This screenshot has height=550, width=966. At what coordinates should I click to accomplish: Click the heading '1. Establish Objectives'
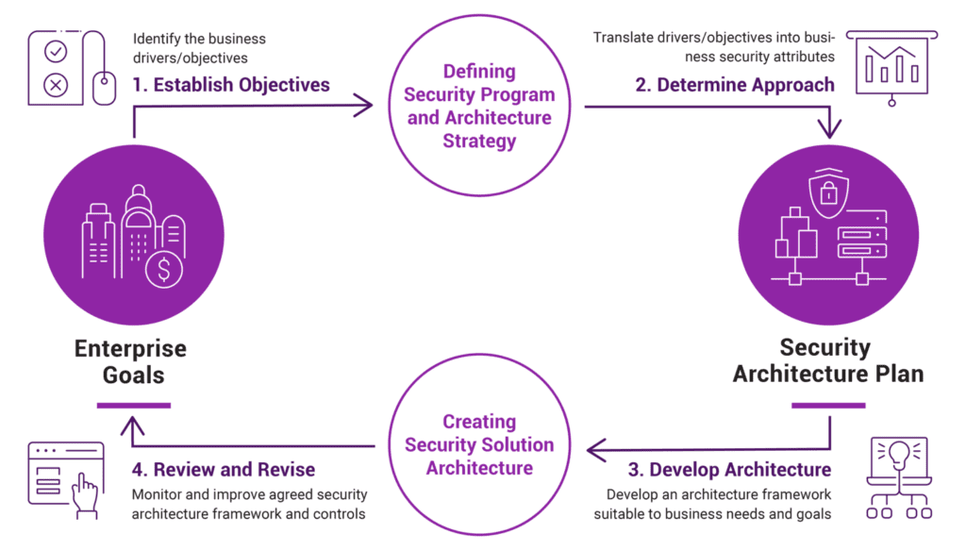tap(231, 86)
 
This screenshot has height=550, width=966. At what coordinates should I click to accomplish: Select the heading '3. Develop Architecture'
tap(729, 469)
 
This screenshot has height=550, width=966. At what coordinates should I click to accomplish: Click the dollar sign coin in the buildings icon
tap(164, 271)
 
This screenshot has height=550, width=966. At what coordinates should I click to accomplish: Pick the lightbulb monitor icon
tap(897, 476)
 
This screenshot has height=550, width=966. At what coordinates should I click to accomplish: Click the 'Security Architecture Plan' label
tap(828, 360)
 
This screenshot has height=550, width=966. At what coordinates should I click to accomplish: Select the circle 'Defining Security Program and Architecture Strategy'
tap(478, 107)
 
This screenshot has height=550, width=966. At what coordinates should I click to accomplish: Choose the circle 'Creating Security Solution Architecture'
tap(478, 443)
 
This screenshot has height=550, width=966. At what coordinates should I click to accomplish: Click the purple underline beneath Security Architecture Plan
tap(828, 406)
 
